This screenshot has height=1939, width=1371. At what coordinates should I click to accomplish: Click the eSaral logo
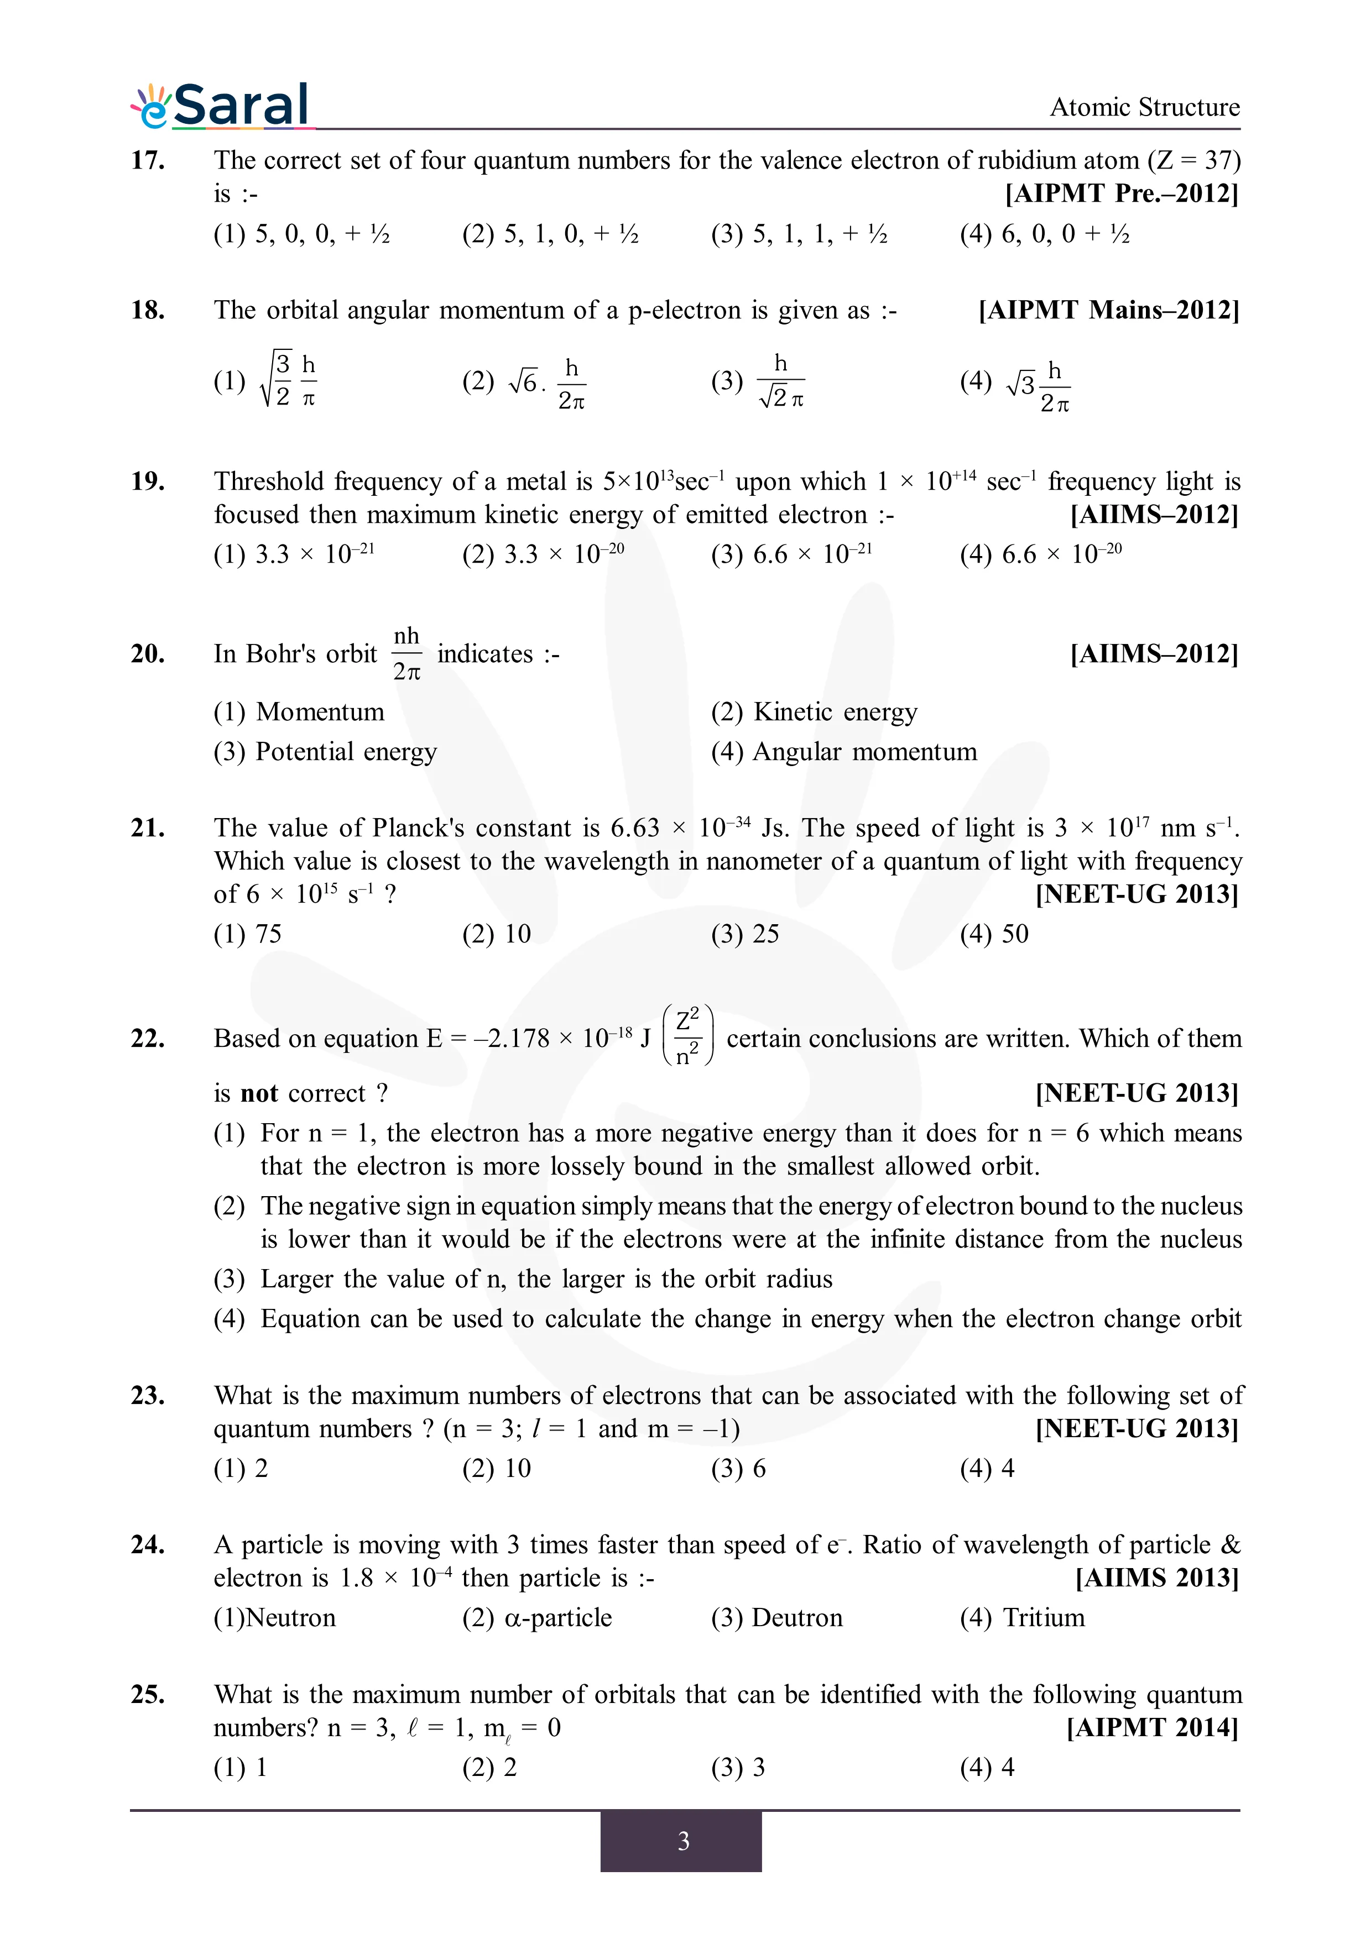point(221,107)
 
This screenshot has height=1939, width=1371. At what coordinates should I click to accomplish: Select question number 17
point(148,160)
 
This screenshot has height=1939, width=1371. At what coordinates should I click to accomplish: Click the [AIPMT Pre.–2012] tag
point(1121,193)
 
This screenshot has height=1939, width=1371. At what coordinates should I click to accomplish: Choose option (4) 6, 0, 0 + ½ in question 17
point(1044,234)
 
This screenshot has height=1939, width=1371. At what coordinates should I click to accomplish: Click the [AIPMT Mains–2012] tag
point(1108,310)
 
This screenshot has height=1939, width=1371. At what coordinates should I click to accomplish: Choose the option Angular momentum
point(845,752)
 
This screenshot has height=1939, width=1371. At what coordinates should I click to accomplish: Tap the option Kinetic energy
point(815,712)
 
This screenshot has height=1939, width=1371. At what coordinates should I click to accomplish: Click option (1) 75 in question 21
point(248,934)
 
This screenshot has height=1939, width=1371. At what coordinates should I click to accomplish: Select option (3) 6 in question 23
point(738,1469)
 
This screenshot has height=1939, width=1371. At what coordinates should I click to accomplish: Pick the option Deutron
point(777,1618)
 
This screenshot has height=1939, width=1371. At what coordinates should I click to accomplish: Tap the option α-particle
point(537,1618)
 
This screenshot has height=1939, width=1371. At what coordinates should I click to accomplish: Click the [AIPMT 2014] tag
point(1152,1728)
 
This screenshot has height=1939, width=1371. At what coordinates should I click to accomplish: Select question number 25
point(148,1694)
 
